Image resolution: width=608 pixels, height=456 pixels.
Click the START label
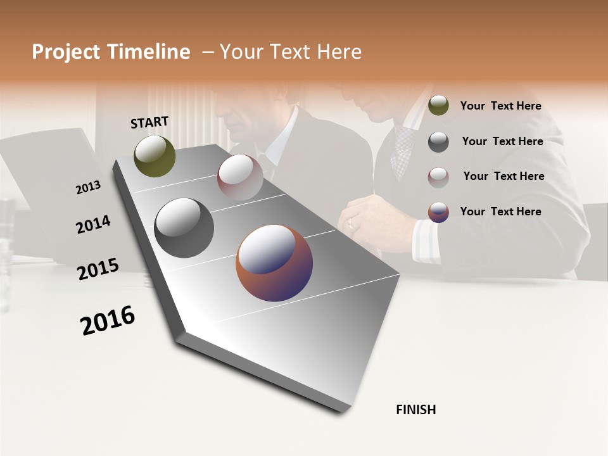(149, 122)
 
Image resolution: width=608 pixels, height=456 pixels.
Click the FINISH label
(415, 410)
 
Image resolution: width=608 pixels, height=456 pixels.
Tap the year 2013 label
(88, 187)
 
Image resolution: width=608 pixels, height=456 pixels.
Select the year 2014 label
(93, 225)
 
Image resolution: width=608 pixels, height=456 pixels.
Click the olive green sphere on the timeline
(155, 156)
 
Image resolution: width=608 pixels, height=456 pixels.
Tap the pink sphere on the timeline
(240, 177)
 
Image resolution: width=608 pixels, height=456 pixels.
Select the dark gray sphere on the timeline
(184, 228)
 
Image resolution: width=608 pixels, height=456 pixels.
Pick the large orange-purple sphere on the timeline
(274, 263)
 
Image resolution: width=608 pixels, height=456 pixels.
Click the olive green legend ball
(438, 105)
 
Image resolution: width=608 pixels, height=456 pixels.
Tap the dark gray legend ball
(438, 141)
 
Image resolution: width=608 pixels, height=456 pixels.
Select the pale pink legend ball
(438, 177)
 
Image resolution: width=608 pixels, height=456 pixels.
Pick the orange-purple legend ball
(438, 212)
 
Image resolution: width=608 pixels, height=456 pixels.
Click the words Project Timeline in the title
(111, 52)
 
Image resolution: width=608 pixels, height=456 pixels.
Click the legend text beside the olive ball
(500, 106)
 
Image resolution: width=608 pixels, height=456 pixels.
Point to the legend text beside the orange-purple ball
(500, 212)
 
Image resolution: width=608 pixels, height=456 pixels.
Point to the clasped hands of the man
(374, 218)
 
